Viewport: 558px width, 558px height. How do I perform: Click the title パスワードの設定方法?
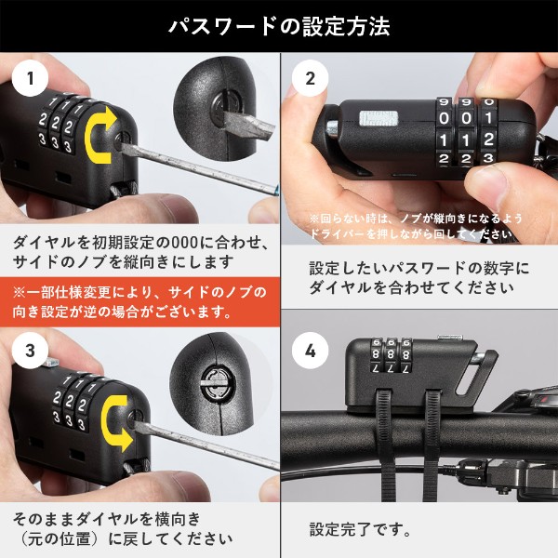click(x=279, y=25)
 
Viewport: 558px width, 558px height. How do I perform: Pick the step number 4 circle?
click(x=311, y=351)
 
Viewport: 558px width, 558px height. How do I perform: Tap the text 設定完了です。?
click(x=359, y=529)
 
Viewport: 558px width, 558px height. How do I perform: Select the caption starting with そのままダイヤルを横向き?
click(x=121, y=528)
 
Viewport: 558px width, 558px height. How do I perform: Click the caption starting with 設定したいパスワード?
click(x=418, y=277)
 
